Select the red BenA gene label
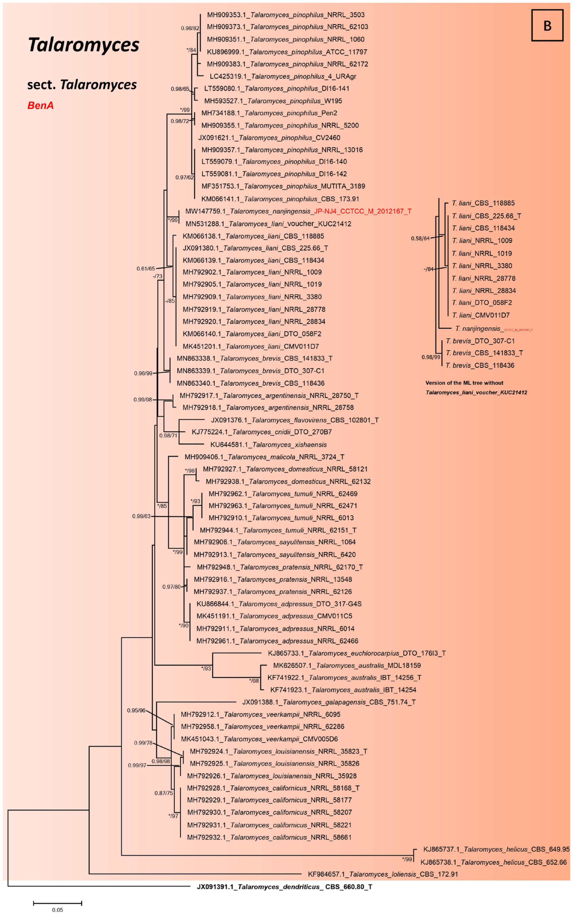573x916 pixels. (40, 105)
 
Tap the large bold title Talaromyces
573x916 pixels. (84, 45)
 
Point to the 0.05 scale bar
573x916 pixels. (58, 904)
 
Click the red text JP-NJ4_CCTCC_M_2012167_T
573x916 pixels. (363, 211)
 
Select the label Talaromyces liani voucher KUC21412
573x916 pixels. (268, 224)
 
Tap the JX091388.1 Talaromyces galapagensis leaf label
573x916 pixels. (329, 702)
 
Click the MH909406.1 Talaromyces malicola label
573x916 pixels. (264, 457)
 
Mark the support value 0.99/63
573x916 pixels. (141, 516)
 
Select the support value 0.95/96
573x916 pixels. (136, 710)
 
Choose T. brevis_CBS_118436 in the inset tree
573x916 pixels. (480, 365)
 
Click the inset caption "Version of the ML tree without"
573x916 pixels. (464, 383)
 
